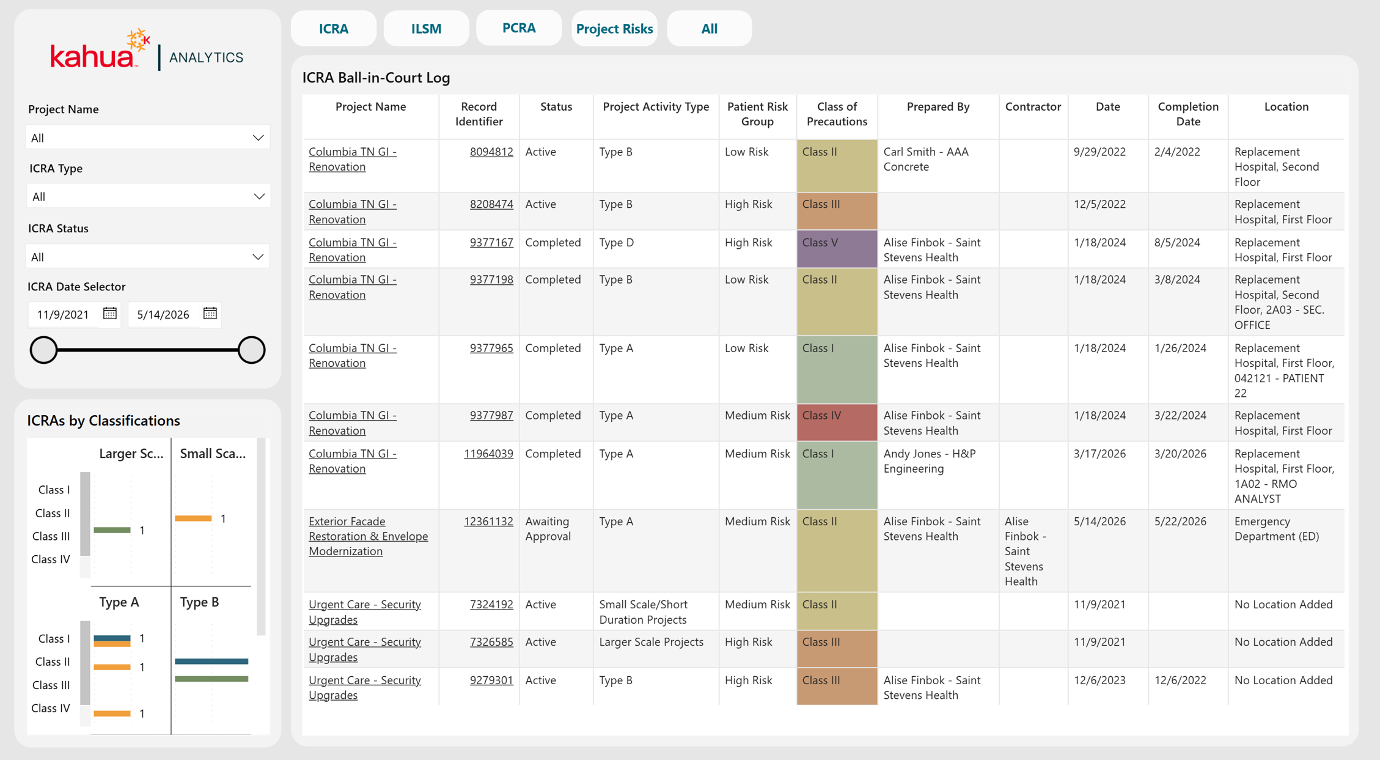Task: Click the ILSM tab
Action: [x=426, y=29]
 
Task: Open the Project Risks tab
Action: [x=614, y=29]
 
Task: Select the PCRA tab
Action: [x=519, y=28]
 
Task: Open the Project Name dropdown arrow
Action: [x=258, y=138]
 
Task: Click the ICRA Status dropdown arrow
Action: [x=258, y=257]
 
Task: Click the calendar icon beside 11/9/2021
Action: [x=110, y=314]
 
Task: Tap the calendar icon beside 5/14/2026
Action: [x=210, y=314]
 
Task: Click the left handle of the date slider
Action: [x=43, y=350]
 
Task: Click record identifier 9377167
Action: [x=491, y=242]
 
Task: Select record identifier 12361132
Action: [x=488, y=521]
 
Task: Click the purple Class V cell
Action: [x=837, y=249]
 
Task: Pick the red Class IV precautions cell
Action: [x=837, y=422]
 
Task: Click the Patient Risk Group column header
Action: [x=757, y=114]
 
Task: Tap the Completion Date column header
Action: [x=1188, y=114]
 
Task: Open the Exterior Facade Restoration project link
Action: [x=368, y=536]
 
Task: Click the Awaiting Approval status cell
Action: [x=548, y=529]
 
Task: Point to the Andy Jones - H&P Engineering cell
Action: [x=930, y=461]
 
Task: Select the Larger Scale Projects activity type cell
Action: [x=651, y=641]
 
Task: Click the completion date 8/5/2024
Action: [x=1177, y=242]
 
